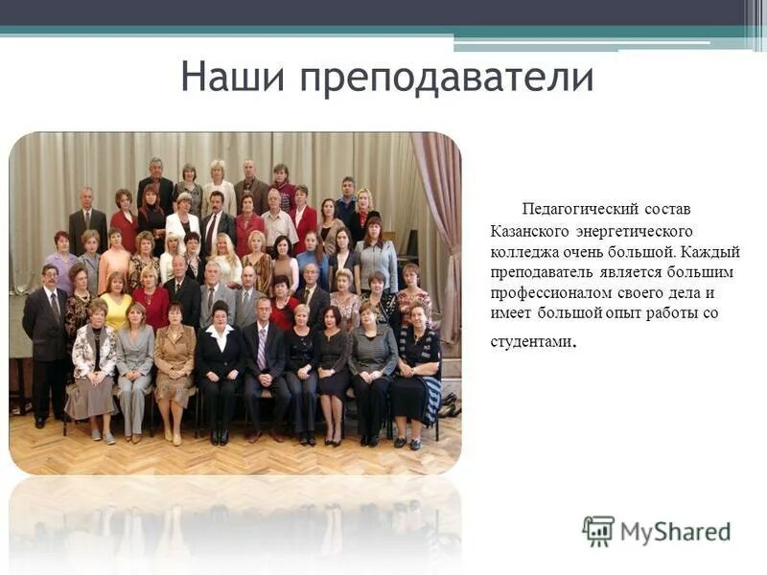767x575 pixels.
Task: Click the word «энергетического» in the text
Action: pos(634,231)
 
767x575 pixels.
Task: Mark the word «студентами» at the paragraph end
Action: pos(530,341)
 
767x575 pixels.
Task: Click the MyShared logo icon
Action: pos(598,531)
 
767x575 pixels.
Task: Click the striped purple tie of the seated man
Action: pos(262,349)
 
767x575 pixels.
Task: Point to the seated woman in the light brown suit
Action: pos(174,364)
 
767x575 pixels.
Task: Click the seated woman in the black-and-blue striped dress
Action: pos(418,369)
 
